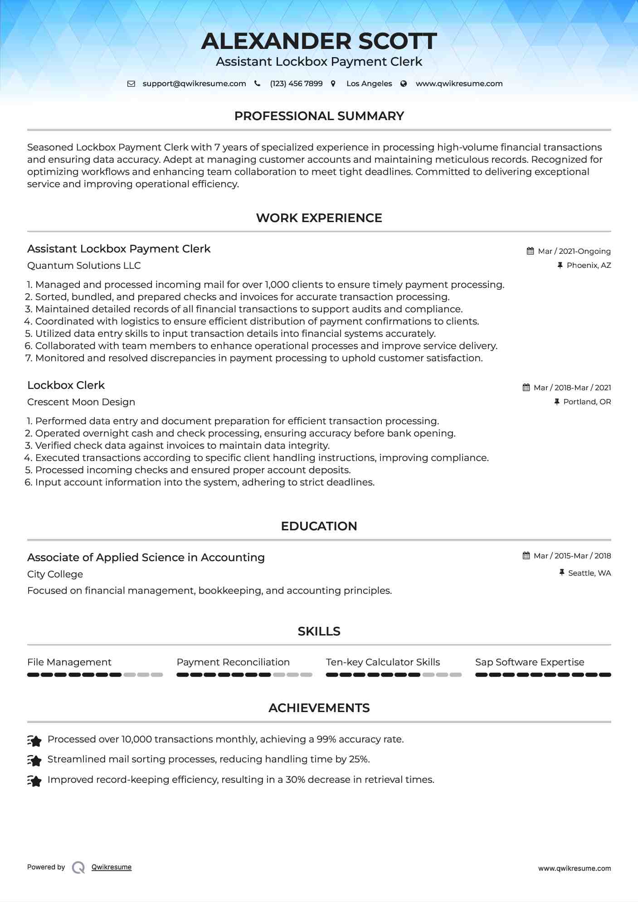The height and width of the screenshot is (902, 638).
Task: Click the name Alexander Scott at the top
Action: pyautogui.click(x=319, y=41)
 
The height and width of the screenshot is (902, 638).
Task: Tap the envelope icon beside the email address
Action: pyautogui.click(x=131, y=84)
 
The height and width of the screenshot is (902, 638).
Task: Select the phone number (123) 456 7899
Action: pyautogui.click(x=296, y=84)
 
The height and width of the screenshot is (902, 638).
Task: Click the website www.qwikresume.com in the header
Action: pyautogui.click(x=459, y=84)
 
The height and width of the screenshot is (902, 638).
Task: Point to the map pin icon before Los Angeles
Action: pyautogui.click(x=333, y=84)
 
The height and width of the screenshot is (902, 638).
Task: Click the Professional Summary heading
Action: pyautogui.click(x=319, y=116)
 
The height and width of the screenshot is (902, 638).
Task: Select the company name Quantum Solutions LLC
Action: pyautogui.click(x=84, y=266)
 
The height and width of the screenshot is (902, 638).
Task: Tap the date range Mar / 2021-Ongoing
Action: pyautogui.click(x=574, y=252)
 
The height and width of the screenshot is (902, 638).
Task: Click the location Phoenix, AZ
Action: pyautogui.click(x=589, y=266)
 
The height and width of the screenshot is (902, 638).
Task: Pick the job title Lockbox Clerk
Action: pyautogui.click(x=66, y=385)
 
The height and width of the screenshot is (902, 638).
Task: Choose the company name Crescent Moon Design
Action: pyautogui.click(x=81, y=402)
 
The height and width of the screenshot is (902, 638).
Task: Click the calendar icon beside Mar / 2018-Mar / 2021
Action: pyautogui.click(x=526, y=388)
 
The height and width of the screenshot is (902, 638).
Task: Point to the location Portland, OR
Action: pyautogui.click(x=587, y=402)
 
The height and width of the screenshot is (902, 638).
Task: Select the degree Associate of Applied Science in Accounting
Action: pyautogui.click(x=146, y=558)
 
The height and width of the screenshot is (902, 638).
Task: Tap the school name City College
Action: pyautogui.click(x=55, y=574)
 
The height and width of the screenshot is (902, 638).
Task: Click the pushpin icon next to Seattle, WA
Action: pyautogui.click(x=562, y=573)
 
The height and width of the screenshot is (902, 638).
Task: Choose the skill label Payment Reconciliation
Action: pyautogui.click(x=233, y=662)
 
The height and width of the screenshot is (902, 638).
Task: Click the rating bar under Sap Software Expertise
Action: pyautogui.click(x=543, y=675)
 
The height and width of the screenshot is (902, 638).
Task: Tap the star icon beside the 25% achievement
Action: pyautogui.click(x=34, y=760)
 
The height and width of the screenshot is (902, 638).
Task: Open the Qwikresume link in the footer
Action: pyautogui.click(x=112, y=867)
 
